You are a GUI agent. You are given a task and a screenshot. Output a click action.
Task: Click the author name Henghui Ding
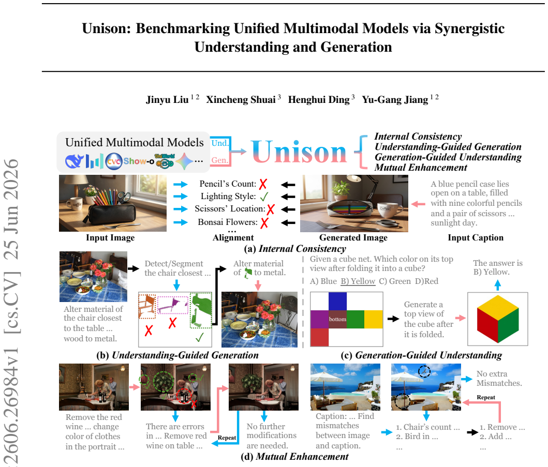318,99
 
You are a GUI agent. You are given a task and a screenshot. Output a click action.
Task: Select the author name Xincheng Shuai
241,99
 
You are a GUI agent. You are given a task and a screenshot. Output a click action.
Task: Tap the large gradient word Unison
299,152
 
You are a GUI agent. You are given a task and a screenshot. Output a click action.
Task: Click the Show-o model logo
139,161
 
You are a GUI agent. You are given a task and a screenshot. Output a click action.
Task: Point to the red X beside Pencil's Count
263,184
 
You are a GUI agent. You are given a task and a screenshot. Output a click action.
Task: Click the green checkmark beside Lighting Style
264,197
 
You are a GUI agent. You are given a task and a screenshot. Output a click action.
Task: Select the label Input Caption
476,237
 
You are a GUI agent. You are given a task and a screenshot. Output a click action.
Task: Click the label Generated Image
353,237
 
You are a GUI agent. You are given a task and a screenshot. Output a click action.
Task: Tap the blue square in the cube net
337,302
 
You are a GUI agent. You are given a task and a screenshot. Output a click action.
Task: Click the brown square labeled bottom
337,319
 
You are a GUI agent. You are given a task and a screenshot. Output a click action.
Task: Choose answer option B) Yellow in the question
358,281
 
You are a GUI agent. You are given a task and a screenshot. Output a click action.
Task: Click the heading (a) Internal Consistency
295,249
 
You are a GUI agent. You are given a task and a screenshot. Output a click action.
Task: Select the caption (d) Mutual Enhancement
294,457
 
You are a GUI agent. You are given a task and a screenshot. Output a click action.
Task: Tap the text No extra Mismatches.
499,378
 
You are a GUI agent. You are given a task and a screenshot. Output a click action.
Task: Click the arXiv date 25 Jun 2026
11,209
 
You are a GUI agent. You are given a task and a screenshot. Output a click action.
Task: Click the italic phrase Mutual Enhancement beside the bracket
421,168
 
